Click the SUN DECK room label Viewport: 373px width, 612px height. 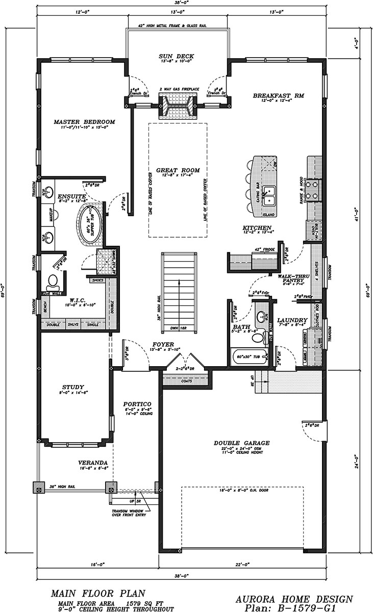coord(176,57)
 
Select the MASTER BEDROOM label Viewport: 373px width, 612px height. coord(85,122)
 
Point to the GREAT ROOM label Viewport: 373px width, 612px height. coord(178,170)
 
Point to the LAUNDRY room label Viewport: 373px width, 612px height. coord(291,320)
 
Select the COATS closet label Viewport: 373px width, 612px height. coord(185,379)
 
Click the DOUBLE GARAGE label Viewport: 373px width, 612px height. coord(242,443)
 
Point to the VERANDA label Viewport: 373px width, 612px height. coord(79,463)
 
